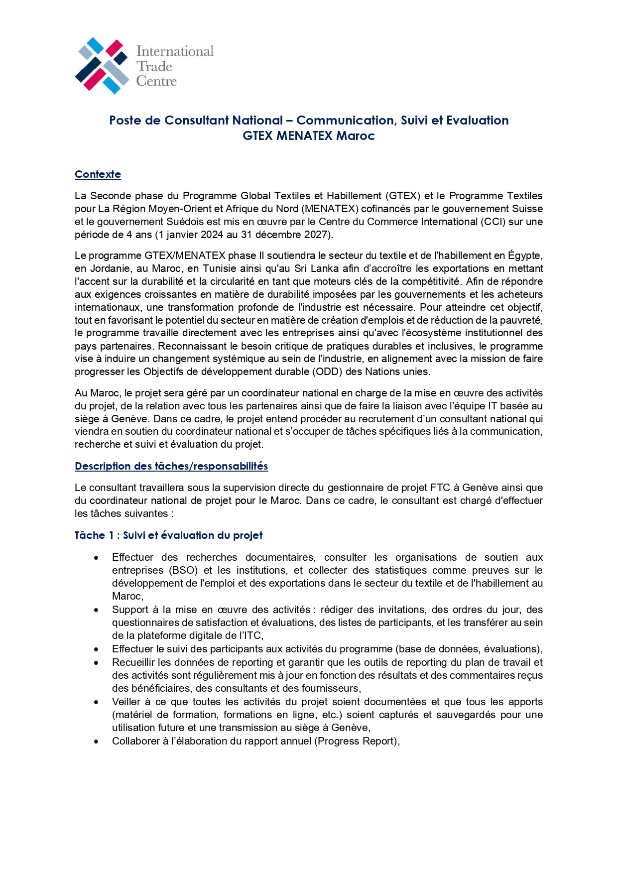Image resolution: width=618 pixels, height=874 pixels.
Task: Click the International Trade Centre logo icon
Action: [102, 66]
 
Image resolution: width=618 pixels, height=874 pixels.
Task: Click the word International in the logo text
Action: [175, 51]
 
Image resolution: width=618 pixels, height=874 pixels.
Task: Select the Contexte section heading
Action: [98, 174]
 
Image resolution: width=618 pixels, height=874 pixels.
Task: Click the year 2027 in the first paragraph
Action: [317, 235]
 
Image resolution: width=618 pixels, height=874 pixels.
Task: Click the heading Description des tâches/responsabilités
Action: [171, 466]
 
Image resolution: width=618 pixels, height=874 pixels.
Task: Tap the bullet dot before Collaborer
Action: [96, 742]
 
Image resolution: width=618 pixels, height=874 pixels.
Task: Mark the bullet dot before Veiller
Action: [96, 702]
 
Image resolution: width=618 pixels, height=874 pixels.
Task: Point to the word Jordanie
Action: [108, 268]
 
